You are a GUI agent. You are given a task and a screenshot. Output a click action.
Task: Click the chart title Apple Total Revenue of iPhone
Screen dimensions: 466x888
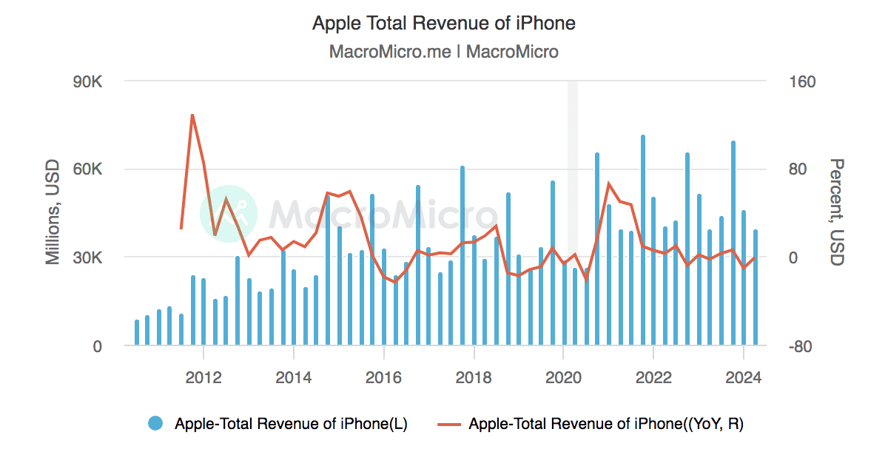[443, 23]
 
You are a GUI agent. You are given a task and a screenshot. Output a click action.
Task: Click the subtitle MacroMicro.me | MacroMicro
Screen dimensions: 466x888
[443, 52]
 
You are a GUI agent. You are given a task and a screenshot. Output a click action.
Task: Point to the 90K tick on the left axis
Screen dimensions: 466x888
[87, 81]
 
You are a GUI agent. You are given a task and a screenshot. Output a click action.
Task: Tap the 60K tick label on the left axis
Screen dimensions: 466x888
[87, 169]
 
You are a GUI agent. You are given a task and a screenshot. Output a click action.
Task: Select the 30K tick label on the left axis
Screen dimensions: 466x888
[87, 258]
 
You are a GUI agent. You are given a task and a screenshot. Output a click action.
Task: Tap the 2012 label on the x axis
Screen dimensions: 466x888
[203, 377]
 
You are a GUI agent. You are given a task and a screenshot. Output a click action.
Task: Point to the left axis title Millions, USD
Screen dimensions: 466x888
[53, 212]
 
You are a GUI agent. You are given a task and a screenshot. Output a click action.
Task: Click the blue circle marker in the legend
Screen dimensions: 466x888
[155, 424]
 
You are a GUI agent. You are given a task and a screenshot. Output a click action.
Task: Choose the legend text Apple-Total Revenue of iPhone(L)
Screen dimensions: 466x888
[291, 424]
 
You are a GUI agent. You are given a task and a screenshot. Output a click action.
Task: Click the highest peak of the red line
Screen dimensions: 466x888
[192, 115]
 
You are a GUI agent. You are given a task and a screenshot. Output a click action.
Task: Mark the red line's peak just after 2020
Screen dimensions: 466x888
[608, 184]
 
